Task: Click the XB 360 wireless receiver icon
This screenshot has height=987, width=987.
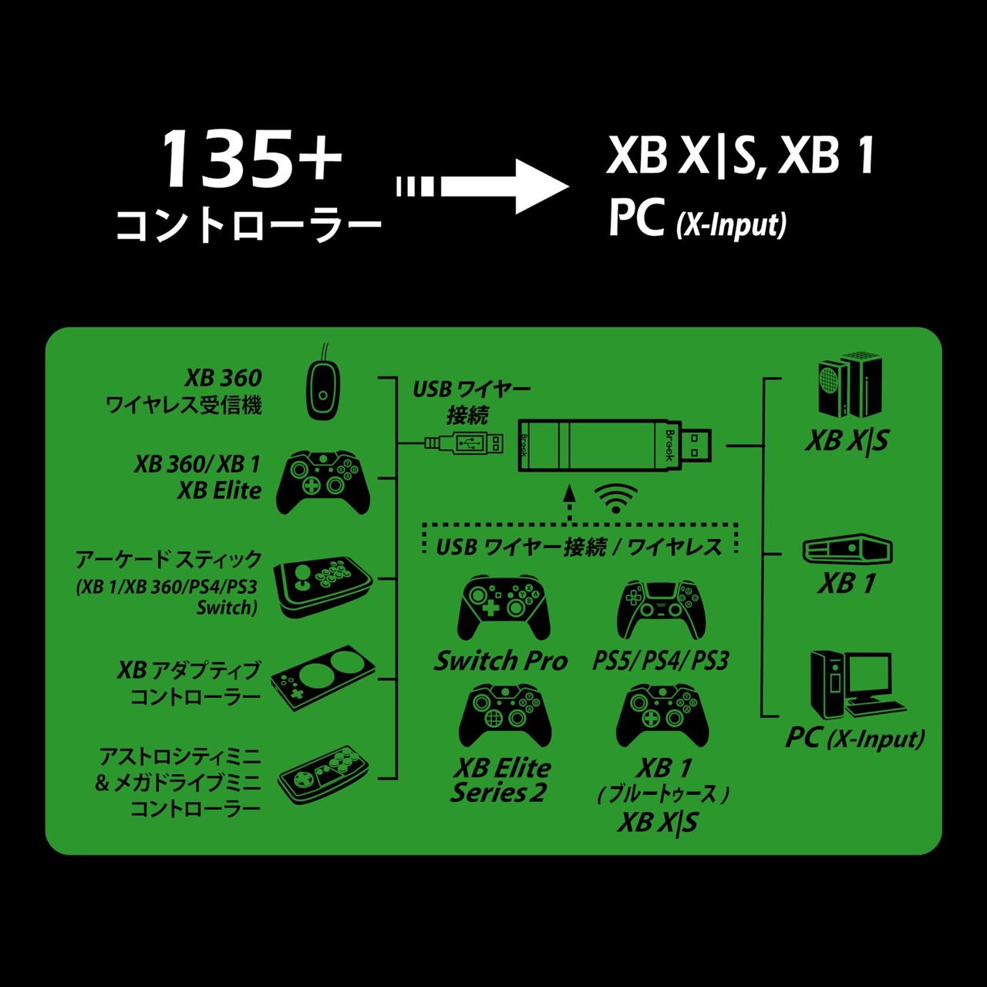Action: [x=322, y=385]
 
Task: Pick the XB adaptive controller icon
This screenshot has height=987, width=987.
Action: [x=323, y=678]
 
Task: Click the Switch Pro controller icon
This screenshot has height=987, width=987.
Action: [x=504, y=608]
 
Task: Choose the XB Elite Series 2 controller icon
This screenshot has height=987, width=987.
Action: [x=504, y=716]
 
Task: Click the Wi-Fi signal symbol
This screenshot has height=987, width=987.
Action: [x=615, y=499]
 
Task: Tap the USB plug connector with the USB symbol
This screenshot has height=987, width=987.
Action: [x=463, y=443]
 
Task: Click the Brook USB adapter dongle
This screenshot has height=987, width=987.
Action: [x=615, y=445]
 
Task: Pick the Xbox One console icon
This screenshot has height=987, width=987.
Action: [x=847, y=550]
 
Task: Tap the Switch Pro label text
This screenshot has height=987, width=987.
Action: [x=500, y=661]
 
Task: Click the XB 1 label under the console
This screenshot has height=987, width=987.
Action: [x=847, y=584]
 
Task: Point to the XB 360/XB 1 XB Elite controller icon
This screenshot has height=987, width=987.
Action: [x=322, y=482]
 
